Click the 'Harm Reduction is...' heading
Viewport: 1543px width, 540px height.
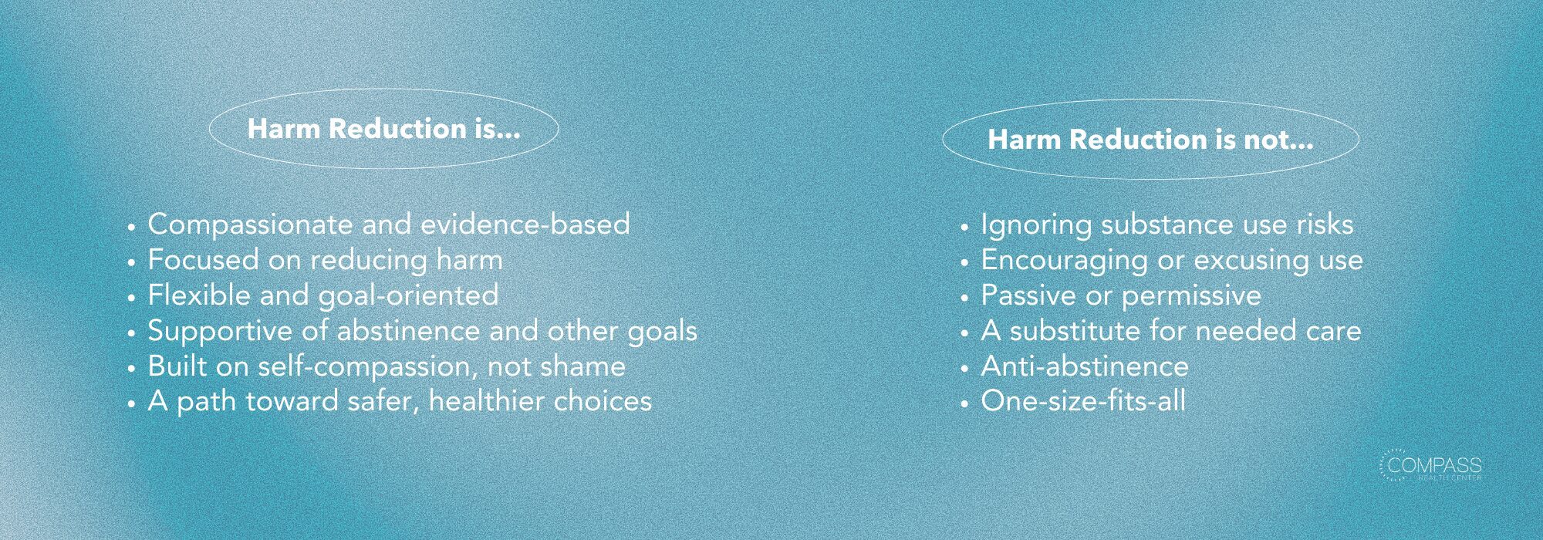[x=383, y=129]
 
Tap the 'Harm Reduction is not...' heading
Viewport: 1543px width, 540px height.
[x=1150, y=140]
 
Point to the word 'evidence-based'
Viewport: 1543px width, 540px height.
[x=525, y=224]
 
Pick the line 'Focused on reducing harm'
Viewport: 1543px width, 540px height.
[x=325, y=260]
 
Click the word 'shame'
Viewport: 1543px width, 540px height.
[x=582, y=366]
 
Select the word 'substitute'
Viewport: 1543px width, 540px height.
[x=1075, y=331]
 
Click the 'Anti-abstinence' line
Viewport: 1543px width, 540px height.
[x=1084, y=366]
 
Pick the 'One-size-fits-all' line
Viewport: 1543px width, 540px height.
[x=1083, y=401]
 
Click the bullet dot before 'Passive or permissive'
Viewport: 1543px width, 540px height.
[x=964, y=297]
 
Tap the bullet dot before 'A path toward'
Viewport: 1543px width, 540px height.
[x=132, y=403]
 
